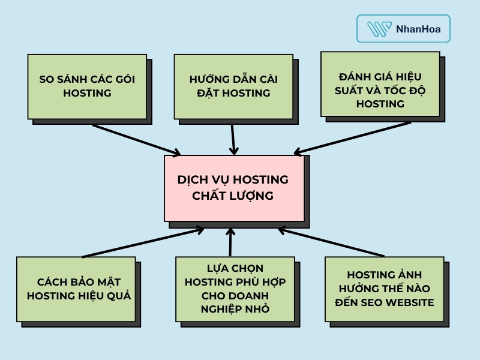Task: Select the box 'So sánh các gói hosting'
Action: (87, 86)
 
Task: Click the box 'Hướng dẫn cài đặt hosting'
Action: (233, 86)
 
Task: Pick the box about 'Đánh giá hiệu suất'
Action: (380, 83)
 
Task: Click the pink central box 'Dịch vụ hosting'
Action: (233, 188)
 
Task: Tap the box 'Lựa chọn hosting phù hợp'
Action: (235, 289)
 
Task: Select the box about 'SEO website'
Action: (384, 289)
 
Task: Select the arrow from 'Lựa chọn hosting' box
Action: (230, 242)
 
